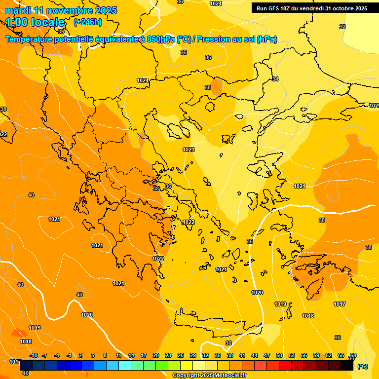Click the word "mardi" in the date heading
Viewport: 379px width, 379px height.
point(18,10)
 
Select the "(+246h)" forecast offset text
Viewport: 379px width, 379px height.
point(88,22)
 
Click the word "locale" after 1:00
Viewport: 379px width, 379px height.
point(48,22)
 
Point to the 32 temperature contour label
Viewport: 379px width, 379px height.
point(342,27)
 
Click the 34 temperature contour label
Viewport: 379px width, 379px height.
point(275,79)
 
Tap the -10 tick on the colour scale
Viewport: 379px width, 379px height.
point(34,355)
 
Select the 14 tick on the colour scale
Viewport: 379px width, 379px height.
point(131,355)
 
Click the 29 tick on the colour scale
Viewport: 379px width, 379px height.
point(193,355)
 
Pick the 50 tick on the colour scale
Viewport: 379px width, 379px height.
point(279,355)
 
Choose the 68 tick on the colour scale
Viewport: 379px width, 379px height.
point(353,355)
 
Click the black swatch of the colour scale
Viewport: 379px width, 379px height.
point(347,366)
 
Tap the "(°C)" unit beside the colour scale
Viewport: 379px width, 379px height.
point(363,366)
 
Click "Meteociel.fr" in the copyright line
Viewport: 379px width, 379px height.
point(230,376)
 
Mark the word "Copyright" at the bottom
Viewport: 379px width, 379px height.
point(186,376)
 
